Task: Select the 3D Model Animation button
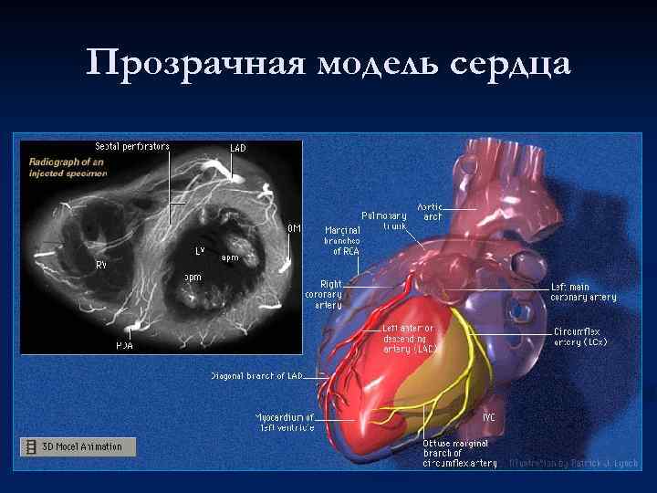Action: (78, 446)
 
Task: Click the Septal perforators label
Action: (132, 146)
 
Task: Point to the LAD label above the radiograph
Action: (237, 148)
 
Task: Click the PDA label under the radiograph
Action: (125, 346)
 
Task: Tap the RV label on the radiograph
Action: (101, 264)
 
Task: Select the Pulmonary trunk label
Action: (383, 220)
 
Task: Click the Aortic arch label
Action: (430, 212)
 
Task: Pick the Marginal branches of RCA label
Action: (343, 240)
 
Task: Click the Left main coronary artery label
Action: (583, 292)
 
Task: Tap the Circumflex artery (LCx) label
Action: (580, 336)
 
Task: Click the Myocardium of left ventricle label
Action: (285, 422)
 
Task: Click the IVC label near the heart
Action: (489, 417)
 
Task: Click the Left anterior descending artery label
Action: (409, 338)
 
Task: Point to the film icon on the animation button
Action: (32, 446)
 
